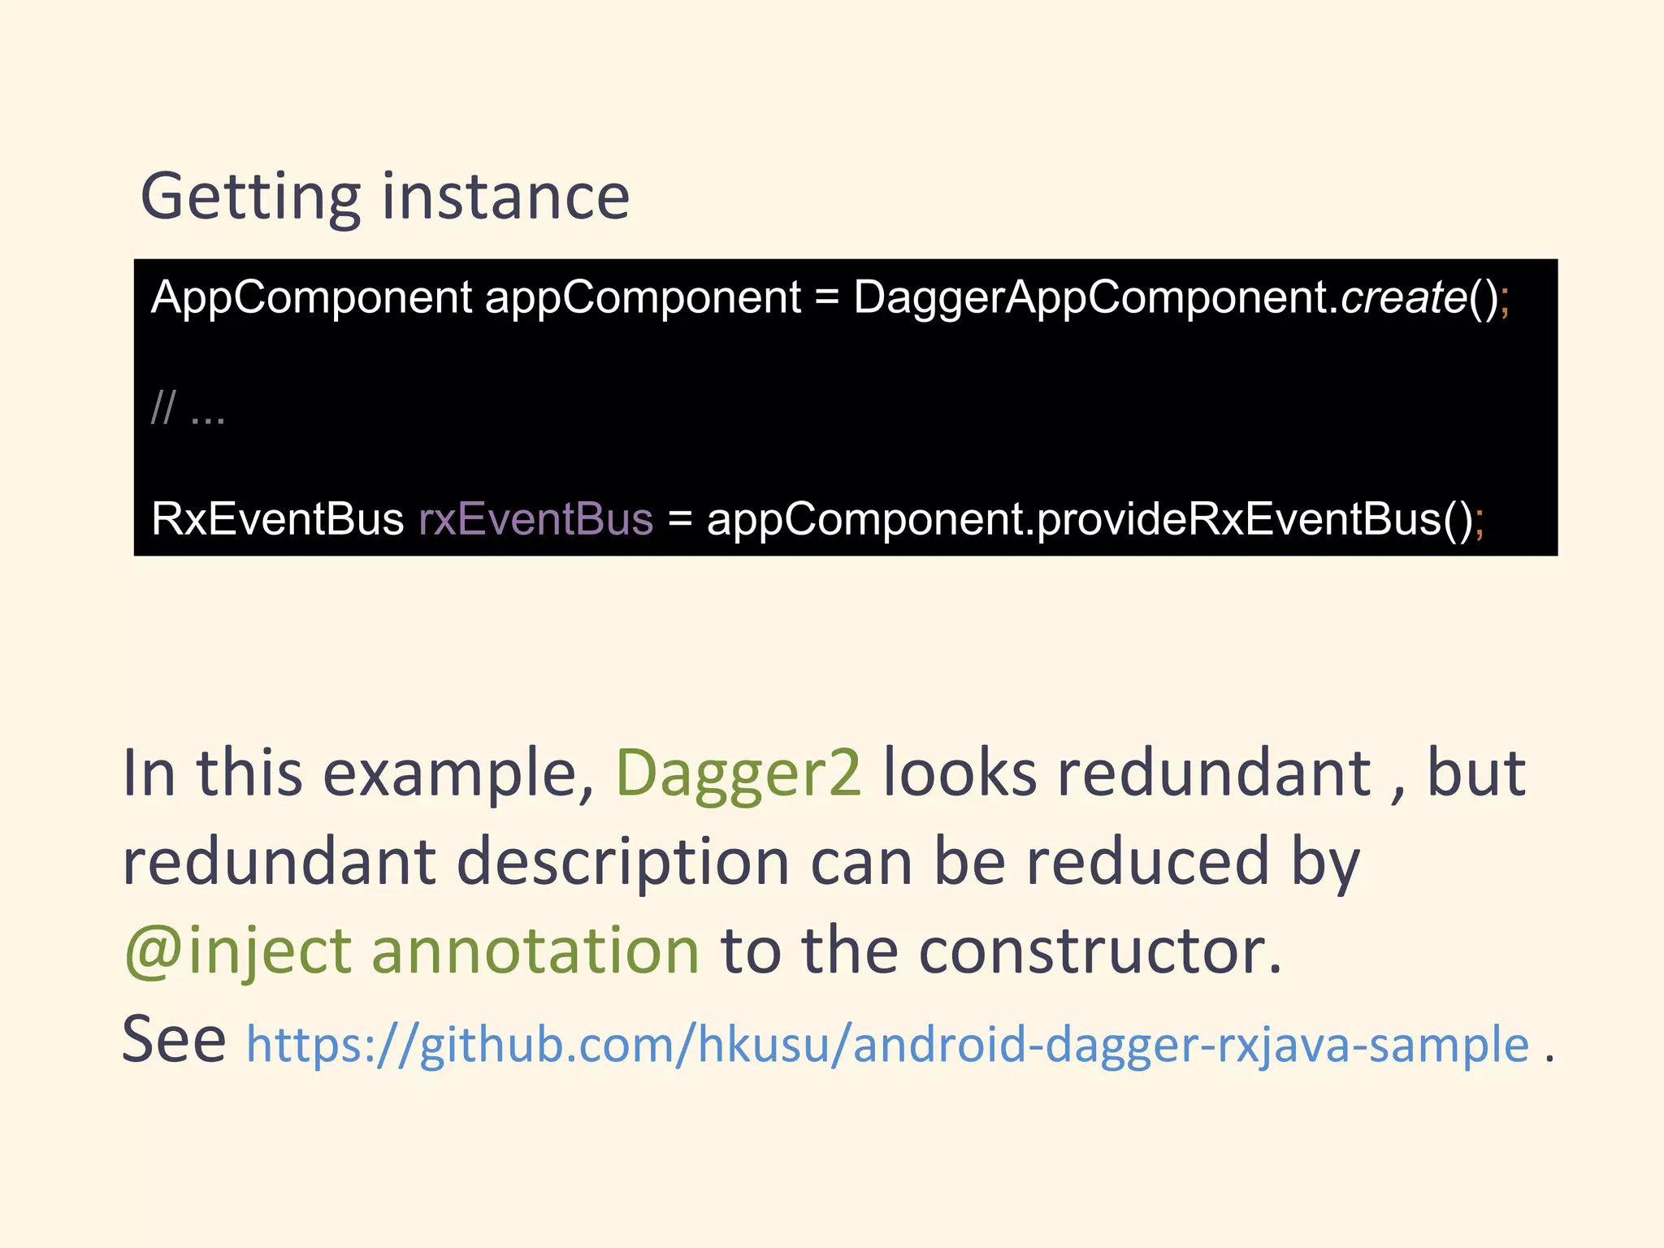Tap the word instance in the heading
tap(505, 197)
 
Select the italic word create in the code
tap(1403, 297)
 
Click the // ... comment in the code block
tap(188, 408)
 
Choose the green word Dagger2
tap(738, 773)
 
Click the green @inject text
tap(237, 951)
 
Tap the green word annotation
tap(535, 951)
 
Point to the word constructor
tap(1099, 951)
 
